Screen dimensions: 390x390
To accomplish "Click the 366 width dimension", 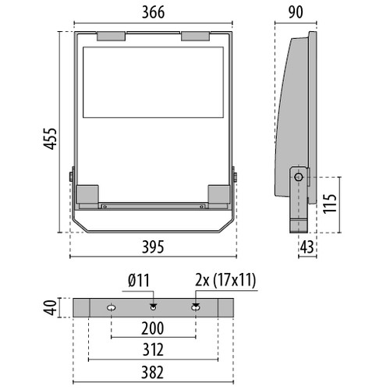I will [153, 12].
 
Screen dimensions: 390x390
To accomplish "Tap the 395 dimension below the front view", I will [153, 247].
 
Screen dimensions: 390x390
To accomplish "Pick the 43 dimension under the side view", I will [307, 247].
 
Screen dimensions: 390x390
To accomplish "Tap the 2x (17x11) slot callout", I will [226, 280].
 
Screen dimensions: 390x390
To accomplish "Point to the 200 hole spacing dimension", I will [153, 329].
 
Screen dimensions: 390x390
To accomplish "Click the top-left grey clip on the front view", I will [109, 35].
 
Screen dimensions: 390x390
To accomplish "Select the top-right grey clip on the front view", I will [196, 35].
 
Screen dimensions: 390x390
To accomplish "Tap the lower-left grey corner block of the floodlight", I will [87, 194].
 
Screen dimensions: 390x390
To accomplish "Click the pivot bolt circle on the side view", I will [299, 177].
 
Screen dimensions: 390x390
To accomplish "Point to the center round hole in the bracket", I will [153, 306].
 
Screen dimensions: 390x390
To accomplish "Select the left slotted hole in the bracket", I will [111, 307].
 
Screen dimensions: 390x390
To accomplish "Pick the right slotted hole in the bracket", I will [195, 307].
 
